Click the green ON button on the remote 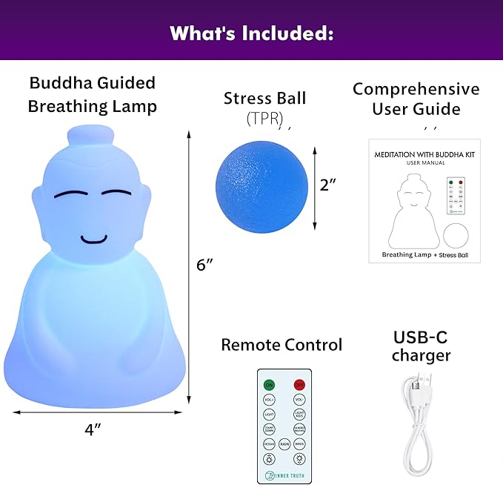coord(269,384)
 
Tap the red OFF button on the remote coord(299,384)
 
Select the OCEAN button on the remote coord(269,444)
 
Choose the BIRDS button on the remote coord(299,444)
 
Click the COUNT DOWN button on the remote coord(269,429)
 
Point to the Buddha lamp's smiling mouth coord(94,240)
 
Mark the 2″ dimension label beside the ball coord(328,185)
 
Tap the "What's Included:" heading coord(251,33)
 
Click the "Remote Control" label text coord(282,345)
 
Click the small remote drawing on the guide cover coord(455,197)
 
